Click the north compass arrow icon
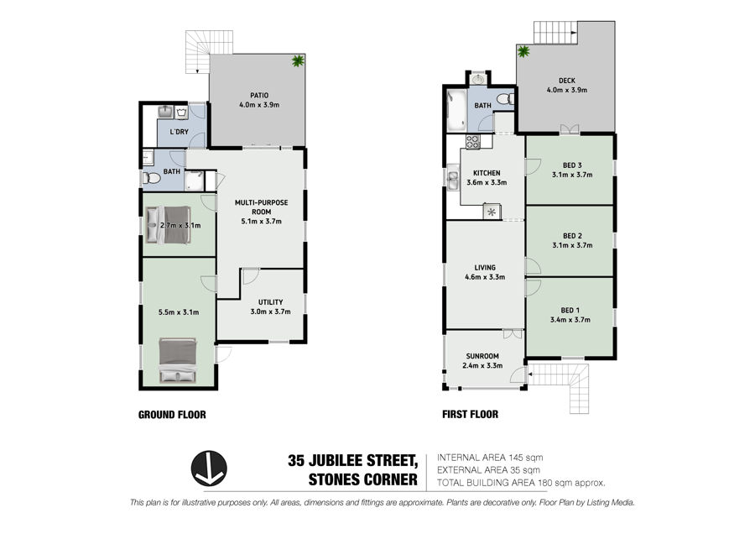[209, 468]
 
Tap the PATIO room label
[259, 96]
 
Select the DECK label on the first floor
[567, 81]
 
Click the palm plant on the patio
[298, 60]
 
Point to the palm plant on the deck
[523, 50]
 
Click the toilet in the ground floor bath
[151, 178]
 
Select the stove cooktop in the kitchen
[472, 141]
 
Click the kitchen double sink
[453, 177]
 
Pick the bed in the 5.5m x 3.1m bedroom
[178, 360]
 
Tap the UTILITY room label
[271, 302]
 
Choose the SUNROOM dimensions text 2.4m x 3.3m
[482, 365]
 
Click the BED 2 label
[572, 236]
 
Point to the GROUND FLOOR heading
[172, 415]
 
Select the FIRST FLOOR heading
[470, 414]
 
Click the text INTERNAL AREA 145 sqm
[490, 458]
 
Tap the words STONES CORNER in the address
[363, 479]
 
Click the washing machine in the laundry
[181, 113]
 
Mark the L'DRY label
[180, 132]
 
